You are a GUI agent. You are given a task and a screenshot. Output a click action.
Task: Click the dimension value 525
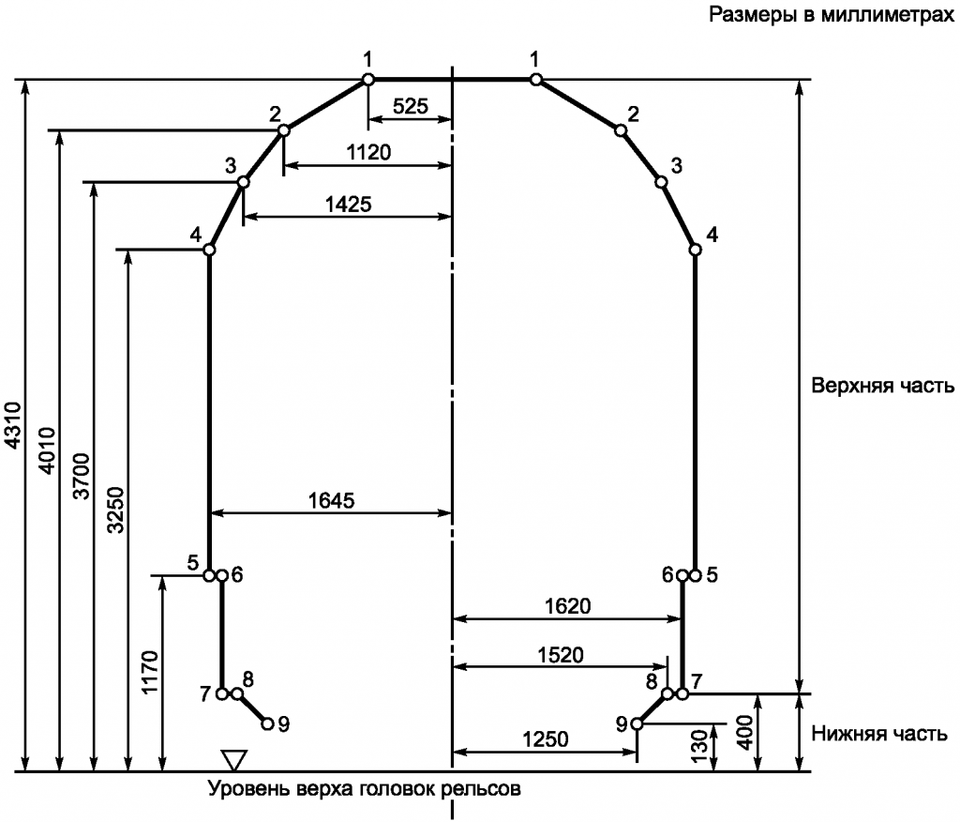[411, 106]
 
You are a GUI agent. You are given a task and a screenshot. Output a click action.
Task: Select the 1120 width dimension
[368, 152]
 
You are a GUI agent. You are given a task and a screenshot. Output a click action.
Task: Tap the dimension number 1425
[349, 205]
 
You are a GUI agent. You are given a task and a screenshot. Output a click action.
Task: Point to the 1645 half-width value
[331, 501]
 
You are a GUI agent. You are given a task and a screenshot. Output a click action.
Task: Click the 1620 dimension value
[568, 606]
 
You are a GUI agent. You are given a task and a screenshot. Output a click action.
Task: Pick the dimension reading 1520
[561, 655]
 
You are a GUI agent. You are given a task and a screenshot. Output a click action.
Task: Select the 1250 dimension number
[546, 739]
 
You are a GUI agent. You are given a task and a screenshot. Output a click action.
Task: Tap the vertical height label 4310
[12, 424]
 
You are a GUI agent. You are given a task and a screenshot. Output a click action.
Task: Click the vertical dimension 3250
[115, 510]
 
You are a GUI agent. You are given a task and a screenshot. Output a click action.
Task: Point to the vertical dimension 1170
[150, 673]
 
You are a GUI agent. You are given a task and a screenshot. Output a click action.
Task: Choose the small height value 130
[699, 745]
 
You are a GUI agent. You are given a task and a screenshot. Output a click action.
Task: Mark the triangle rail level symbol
[234, 760]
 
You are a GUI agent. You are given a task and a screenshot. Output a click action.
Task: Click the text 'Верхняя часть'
[883, 386]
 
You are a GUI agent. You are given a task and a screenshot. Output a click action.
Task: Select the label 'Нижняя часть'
[879, 734]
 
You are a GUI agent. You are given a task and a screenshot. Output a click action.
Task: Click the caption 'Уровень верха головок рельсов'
[365, 788]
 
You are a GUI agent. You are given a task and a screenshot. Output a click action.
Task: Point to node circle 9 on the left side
[267, 723]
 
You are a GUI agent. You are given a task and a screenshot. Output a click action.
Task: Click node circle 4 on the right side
[695, 250]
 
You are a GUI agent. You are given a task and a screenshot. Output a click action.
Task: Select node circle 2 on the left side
[283, 129]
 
